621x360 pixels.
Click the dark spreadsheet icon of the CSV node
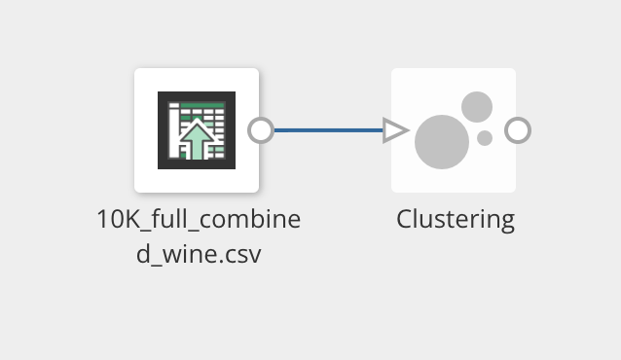pos(197,130)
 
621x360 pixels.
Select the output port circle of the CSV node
pos(261,130)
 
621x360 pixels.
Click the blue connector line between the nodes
pos(329,130)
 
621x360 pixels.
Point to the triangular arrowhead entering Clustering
pos(395,130)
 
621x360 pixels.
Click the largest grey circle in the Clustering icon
pos(442,142)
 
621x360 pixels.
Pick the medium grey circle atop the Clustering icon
pos(477,107)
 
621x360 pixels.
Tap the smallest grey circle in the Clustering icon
pos(485,138)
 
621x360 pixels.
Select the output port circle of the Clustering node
pos(518,130)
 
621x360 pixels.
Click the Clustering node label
pos(456,220)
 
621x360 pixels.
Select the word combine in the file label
pos(249,219)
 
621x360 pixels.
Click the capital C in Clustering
pos(405,219)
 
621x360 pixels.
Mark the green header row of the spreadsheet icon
pos(202,106)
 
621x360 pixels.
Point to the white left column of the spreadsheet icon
pos(174,130)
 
